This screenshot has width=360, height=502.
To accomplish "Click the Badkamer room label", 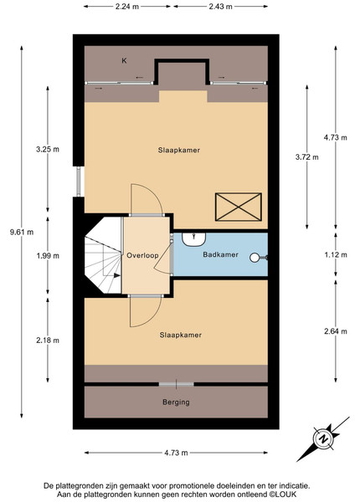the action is (220, 254).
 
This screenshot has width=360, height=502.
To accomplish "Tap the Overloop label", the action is (142, 255).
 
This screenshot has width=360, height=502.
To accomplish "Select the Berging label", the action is (176, 402).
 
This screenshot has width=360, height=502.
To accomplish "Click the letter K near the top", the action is (124, 60).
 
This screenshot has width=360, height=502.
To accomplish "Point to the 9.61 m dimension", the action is (22, 232).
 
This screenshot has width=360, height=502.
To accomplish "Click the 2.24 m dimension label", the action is (127, 7).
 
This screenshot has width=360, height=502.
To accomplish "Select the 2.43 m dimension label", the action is (220, 7).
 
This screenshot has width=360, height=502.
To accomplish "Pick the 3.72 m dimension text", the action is (306, 157).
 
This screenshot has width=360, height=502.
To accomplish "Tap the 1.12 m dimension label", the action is (336, 255).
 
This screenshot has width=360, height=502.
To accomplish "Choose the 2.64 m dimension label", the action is (336, 331).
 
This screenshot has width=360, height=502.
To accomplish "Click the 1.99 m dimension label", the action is (48, 256).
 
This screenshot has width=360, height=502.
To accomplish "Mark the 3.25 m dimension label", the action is (48, 149).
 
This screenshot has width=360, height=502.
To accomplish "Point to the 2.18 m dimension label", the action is (48, 341).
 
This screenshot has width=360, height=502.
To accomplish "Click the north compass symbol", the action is (324, 439).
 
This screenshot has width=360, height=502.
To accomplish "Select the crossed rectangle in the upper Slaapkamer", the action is (239, 207).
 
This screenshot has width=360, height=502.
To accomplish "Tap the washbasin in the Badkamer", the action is (193, 239).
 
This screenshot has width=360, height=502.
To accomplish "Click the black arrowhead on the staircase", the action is (117, 275).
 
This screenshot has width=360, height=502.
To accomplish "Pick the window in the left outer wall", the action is (79, 182).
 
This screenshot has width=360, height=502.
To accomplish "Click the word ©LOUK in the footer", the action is (282, 494).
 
